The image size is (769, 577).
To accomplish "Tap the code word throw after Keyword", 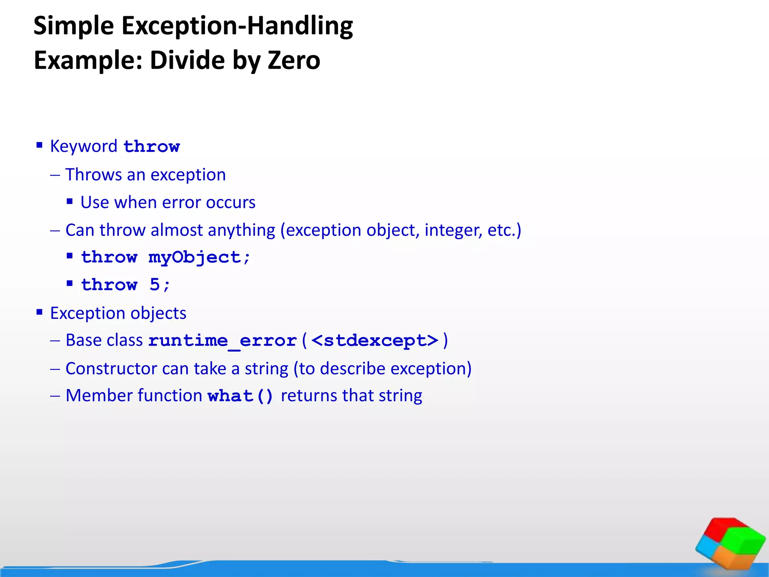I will click(151, 147).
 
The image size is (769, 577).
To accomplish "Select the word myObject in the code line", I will click(195, 258).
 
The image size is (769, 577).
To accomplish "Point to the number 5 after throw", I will click(154, 285).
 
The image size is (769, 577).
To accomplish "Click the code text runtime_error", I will click(222, 341).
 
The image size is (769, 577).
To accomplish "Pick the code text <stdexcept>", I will click(375, 341).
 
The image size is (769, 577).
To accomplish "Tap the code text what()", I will click(240, 396).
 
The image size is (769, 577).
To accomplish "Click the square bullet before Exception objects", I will click(39, 312).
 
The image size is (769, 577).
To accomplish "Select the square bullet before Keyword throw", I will click(39, 145).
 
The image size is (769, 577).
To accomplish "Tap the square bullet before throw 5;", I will click(69, 283).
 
